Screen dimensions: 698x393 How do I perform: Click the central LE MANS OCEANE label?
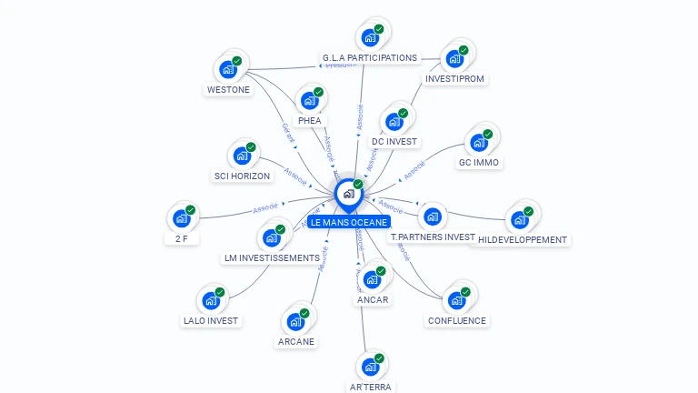[x=349, y=222]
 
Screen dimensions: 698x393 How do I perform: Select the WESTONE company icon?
[x=226, y=69]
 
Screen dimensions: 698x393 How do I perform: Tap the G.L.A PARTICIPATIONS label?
[x=369, y=58]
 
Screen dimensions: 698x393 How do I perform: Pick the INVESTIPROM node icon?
[x=454, y=59]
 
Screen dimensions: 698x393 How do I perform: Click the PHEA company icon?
[x=309, y=100]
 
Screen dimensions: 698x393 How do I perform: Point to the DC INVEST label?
[x=394, y=142]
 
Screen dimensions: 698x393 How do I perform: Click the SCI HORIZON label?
[x=241, y=176]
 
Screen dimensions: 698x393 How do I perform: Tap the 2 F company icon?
[x=181, y=218]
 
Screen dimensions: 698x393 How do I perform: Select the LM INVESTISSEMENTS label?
[x=272, y=258]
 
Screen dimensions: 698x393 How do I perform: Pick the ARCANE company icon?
[x=295, y=321]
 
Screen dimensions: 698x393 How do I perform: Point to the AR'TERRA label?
[x=370, y=387]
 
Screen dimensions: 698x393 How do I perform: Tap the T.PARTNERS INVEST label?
[x=433, y=237]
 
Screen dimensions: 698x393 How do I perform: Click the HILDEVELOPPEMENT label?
[x=522, y=240]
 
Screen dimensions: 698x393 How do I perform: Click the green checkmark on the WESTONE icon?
[x=236, y=60]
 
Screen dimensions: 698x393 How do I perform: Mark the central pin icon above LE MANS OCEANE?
[x=348, y=194]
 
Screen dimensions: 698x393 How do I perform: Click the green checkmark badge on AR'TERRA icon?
[x=379, y=358]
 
